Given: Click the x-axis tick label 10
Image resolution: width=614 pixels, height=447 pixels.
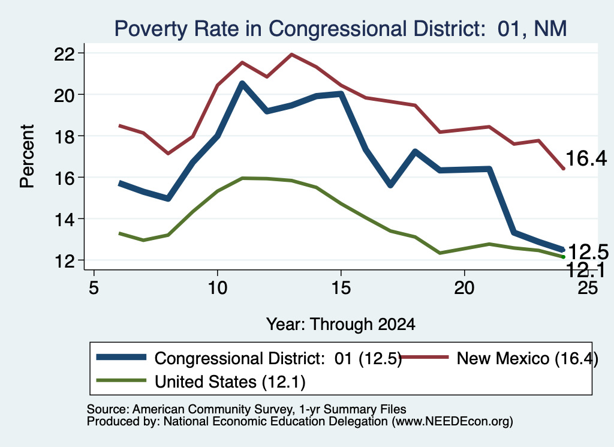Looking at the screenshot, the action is tap(217, 288).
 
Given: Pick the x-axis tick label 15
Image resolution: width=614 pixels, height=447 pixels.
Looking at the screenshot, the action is tap(341, 288).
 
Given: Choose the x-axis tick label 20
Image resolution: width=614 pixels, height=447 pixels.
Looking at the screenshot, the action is tap(465, 288).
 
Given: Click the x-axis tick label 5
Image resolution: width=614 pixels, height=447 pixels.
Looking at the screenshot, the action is tap(94, 288).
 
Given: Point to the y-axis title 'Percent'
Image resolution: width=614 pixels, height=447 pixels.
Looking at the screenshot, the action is tap(27, 157).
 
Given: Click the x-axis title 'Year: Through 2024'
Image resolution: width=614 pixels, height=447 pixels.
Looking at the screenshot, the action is tap(341, 325).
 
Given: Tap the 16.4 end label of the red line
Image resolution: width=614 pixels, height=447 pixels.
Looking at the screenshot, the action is tap(586, 158).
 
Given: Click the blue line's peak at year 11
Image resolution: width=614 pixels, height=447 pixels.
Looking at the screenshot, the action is tap(242, 83).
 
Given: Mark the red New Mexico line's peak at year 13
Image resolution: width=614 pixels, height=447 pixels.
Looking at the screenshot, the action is tap(291, 55).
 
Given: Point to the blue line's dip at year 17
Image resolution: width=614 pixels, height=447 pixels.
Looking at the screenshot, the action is tap(390, 185).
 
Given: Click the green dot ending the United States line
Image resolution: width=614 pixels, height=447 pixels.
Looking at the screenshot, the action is tap(564, 257).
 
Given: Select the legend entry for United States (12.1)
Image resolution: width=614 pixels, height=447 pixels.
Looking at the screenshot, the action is tap(201, 382).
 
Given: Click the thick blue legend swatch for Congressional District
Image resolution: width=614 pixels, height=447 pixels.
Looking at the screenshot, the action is tap(121, 357).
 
